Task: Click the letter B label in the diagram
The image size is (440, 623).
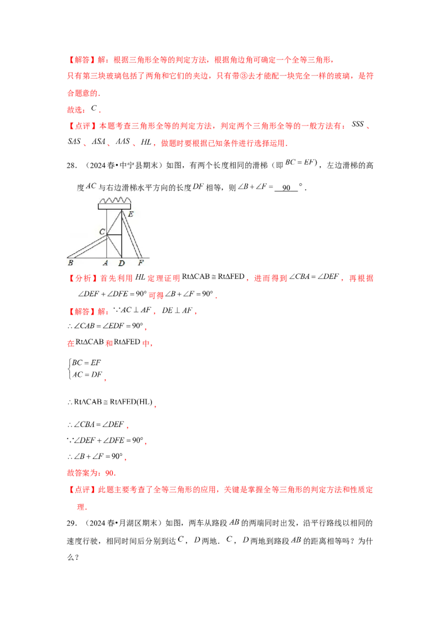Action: (70, 263)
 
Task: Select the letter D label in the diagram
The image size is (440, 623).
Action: (122, 264)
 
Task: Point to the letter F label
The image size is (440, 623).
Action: (141, 263)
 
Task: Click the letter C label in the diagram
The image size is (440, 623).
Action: (102, 232)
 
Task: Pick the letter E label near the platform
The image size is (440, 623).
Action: (130, 215)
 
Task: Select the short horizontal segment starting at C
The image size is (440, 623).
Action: (114, 235)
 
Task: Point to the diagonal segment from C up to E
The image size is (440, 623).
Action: (114, 222)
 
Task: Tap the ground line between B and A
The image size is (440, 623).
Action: (88, 258)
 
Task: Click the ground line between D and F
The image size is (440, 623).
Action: (132, 258)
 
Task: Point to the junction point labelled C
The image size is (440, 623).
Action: (107, 235)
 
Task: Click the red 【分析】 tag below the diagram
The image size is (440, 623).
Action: (78, 278)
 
